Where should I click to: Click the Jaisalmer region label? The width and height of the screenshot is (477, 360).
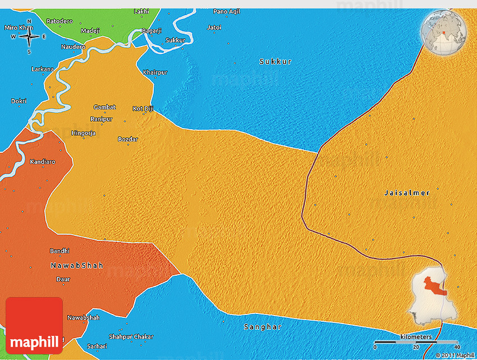click(x=407, y=193)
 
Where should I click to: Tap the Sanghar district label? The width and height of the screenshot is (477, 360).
click(x=262, y=327)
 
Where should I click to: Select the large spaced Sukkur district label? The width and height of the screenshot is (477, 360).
click(x=276, y=61)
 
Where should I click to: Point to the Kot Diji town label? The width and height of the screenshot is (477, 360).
click(x=143, y=108)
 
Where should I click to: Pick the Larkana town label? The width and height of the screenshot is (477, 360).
click(x=43, y=70)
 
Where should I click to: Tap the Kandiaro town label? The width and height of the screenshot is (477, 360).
click(x=42, y=162)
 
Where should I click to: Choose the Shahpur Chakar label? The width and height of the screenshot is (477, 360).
click(x=131, y=336)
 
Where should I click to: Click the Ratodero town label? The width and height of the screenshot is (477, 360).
click(x=59, y=21)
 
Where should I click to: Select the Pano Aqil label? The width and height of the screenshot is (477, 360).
click(x=226, y=11)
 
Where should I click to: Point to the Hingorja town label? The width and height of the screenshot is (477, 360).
click(x=84, y=133)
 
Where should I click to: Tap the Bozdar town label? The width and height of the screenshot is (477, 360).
click(x=127, y=139)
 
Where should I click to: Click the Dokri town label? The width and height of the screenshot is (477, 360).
click(x=19, y=101)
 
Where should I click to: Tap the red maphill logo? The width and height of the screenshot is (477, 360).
click(x=34, y=326)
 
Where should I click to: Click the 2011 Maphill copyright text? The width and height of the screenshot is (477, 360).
click(x=455, y=355)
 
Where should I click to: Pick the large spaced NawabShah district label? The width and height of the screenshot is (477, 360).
click(x=76, y=265)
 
